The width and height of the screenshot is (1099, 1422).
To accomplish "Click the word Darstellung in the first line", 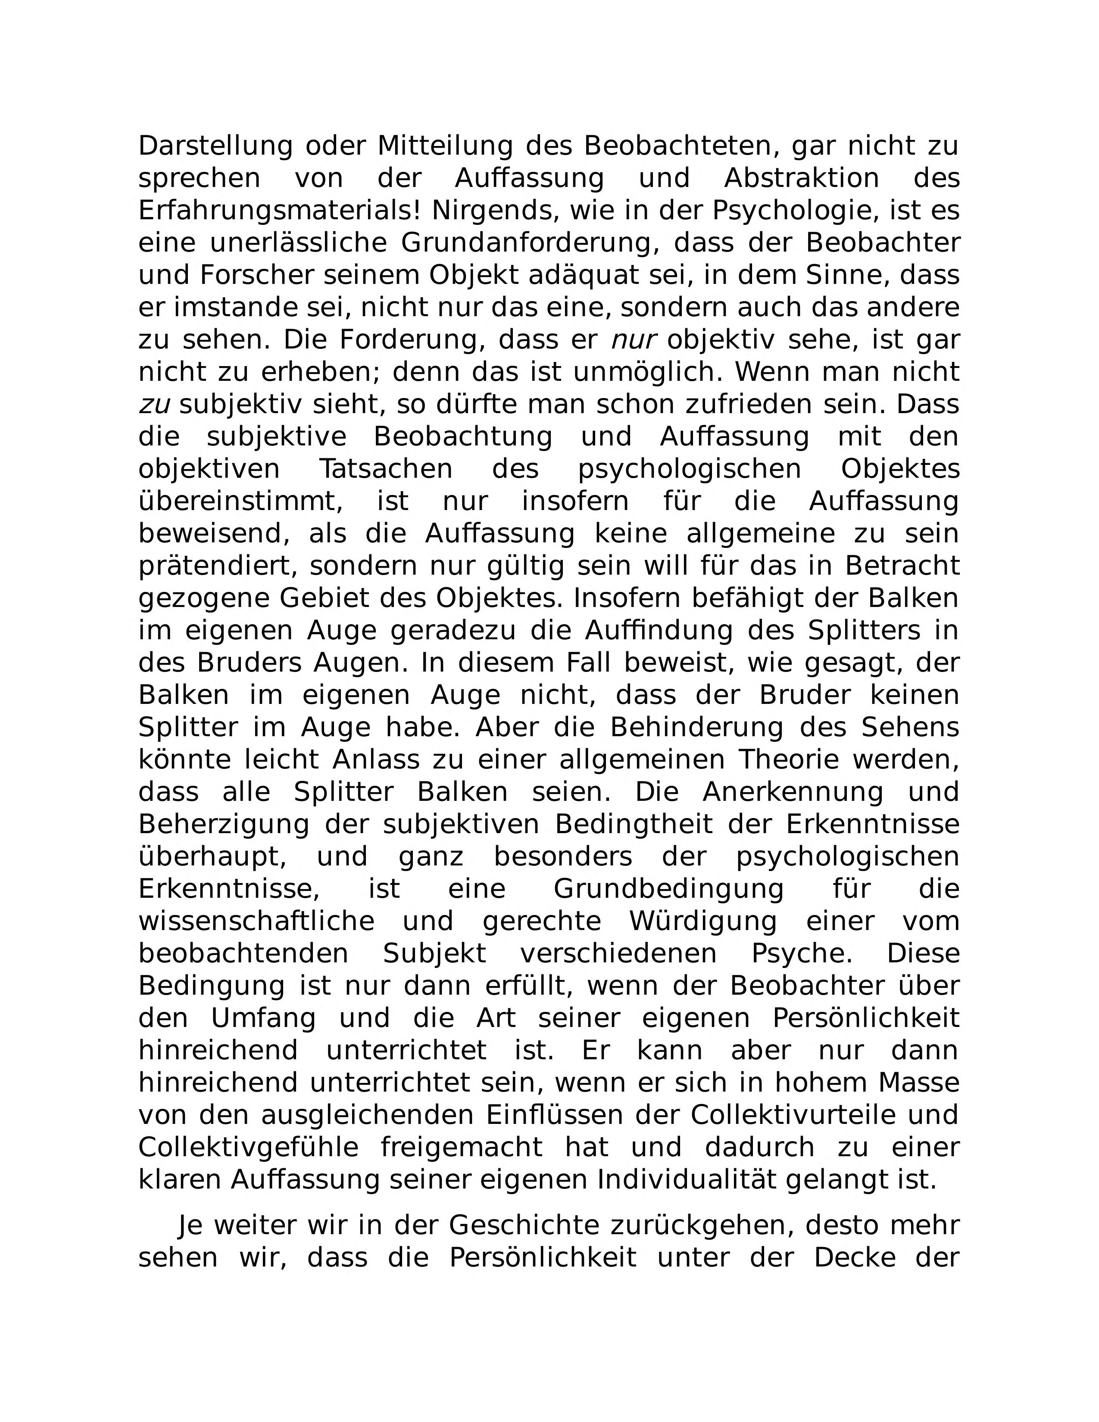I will click(x=215, y=146).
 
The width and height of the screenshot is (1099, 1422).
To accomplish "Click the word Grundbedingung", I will click(x=668, y=889).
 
